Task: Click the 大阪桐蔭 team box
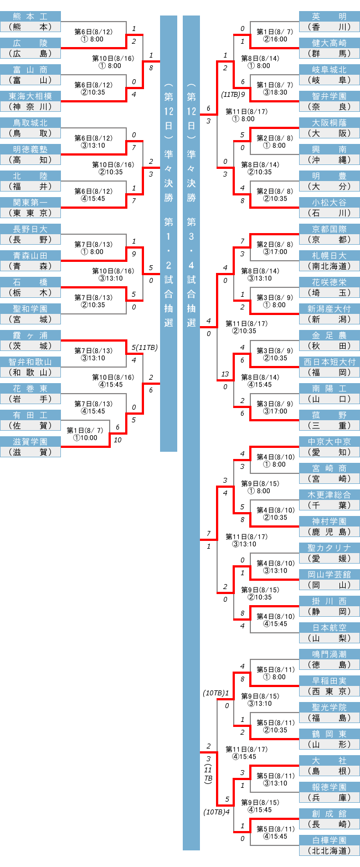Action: pos(329,123)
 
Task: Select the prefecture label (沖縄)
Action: pos(329,159)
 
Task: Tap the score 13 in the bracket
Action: pos(225,374)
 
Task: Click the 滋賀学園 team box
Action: pos(30,442)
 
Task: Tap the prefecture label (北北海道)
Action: pos(329,850)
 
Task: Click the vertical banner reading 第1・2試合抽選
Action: pos(168,233)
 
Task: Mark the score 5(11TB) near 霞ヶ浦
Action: pos(145,348)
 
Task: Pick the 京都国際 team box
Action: pos(329,229)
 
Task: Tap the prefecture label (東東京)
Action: pos(30,213)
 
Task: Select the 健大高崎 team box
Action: pos(329,43)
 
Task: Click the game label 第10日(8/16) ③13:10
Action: pos(113,275)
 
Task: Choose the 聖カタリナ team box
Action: pos(329,548)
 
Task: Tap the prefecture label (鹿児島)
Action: pos(329,531)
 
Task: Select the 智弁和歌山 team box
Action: pos(30,362)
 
